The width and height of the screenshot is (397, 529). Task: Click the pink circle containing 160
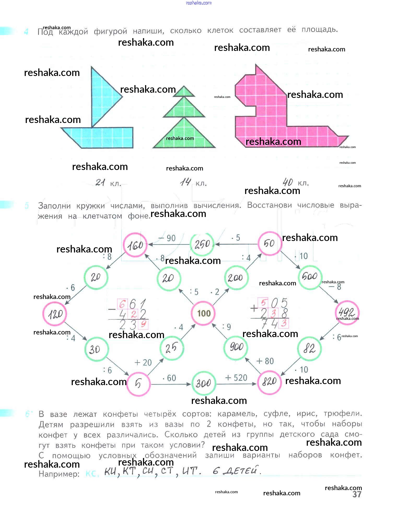coord(135,245)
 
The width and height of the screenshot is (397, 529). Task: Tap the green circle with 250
coord(202,244)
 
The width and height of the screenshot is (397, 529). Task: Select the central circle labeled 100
coord(203,313)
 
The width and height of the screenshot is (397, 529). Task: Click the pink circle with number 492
coord(347,312)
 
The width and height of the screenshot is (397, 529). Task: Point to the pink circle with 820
coord(269,382)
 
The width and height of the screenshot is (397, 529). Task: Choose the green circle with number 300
coord(203,383)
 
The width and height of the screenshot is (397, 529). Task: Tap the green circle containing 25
coord(171,348)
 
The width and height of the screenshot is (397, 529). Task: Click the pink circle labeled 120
coord(55,314)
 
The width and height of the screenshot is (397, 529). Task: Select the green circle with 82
coord(309,349)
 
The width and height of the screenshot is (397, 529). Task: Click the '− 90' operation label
coord(167,238)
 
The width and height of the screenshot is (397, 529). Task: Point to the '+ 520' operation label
coord(236,378)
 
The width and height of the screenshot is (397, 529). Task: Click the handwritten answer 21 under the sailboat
coord(100,182)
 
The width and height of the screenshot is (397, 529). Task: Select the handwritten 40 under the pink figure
coord(288,182)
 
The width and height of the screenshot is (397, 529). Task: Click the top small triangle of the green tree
coord(184,92)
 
